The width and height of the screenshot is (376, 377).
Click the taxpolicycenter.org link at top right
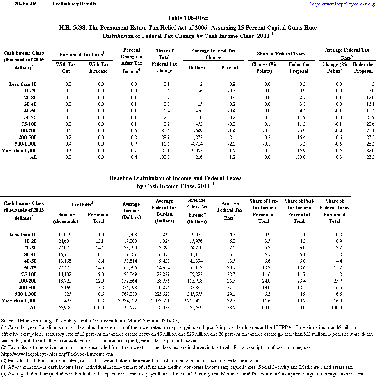(x=342, y=4)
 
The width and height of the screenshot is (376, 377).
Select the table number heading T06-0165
(x=188, y=18)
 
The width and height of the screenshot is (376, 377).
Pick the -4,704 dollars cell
(x=198, y=144)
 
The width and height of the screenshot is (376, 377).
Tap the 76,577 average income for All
(x=135, y=308)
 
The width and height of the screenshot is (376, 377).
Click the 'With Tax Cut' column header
(x=66, y=68)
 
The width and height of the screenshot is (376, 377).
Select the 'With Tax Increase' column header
(x=98, y=68)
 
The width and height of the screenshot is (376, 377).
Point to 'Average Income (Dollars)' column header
(x=131, y=211)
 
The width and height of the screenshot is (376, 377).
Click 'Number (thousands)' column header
(x=66, y=218)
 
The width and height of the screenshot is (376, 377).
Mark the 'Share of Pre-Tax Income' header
(x=264, y=204)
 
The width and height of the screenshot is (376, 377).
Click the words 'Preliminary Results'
(x=74, y=4)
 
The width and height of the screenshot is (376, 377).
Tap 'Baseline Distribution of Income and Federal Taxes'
(x=175, y=178)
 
